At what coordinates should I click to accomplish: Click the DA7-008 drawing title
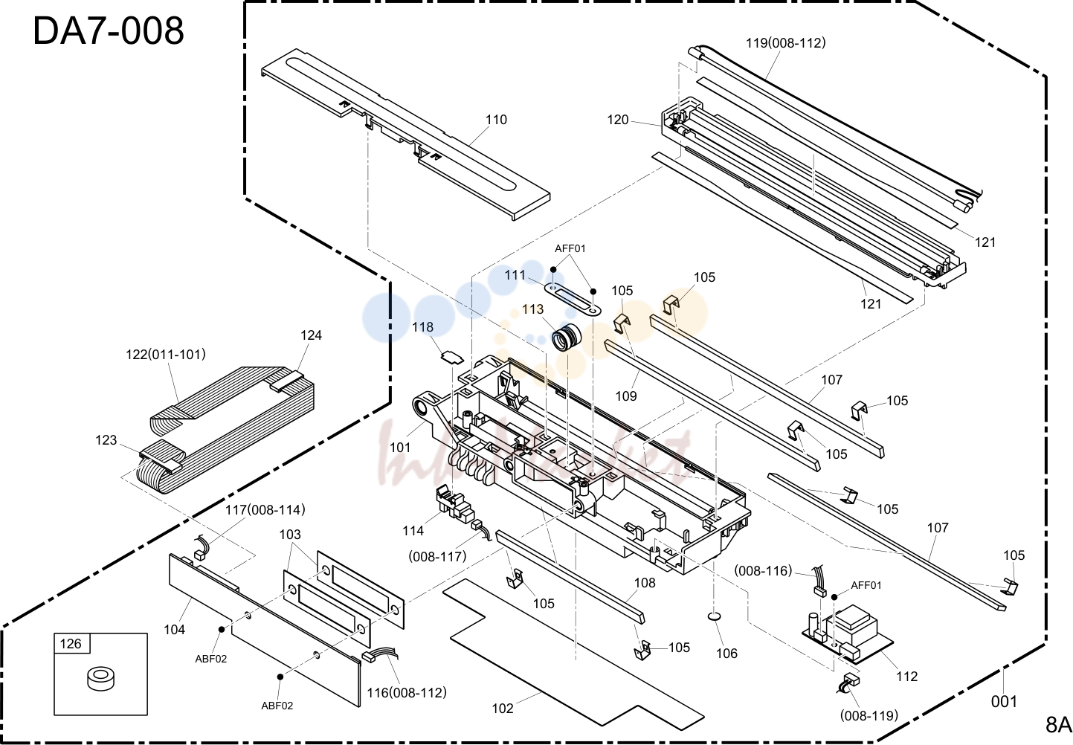pos(109,30)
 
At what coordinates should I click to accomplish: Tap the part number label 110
pos(496,119)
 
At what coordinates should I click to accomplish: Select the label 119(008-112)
pos(785,42)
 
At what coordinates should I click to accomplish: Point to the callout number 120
pos(618,119)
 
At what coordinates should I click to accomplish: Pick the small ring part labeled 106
pos(714,616)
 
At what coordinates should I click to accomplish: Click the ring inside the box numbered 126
pos(100,680)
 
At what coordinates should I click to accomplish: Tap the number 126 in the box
pos(71,643)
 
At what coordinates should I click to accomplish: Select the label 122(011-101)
pos(166,354)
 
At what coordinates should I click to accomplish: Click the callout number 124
pos(311,335)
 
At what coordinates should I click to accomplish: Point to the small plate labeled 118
pos(452,358)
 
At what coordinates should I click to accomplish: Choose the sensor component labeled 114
pos(454,505)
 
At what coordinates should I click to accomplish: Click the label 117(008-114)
pos(265,509)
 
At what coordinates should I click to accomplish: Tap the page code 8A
pos(1058,724)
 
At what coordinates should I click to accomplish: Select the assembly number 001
pos(1004,701)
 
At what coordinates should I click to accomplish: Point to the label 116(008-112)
pos(407,692)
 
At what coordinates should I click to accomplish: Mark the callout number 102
pos(503,708)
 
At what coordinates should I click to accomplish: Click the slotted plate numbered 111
pos(573,299)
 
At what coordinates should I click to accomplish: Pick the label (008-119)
pos(869,715)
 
